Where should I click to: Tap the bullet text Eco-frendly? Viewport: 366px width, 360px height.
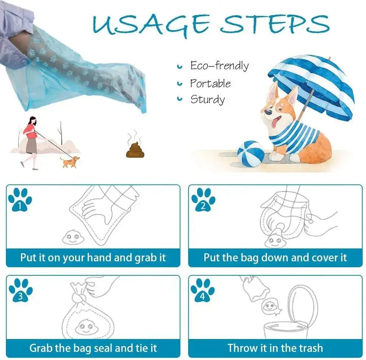click(x=219, y=66)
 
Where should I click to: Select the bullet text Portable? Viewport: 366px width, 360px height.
click(x=210, y=83)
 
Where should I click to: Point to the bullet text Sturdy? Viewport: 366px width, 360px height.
click(x=207, y=99)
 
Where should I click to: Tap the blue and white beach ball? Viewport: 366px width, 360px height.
click(x=251, y=153)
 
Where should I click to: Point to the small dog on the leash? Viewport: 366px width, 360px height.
click(x=70, y=162)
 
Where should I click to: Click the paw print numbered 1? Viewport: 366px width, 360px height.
click(x=20, y=200)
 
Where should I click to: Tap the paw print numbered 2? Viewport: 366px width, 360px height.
click(x=203, y=200)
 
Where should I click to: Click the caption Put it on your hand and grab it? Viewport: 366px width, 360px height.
click(x=93, y=257)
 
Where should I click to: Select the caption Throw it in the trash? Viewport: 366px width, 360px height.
click(x=275, y=347)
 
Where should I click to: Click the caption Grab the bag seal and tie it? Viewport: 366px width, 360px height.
click(x=93, y=347)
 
